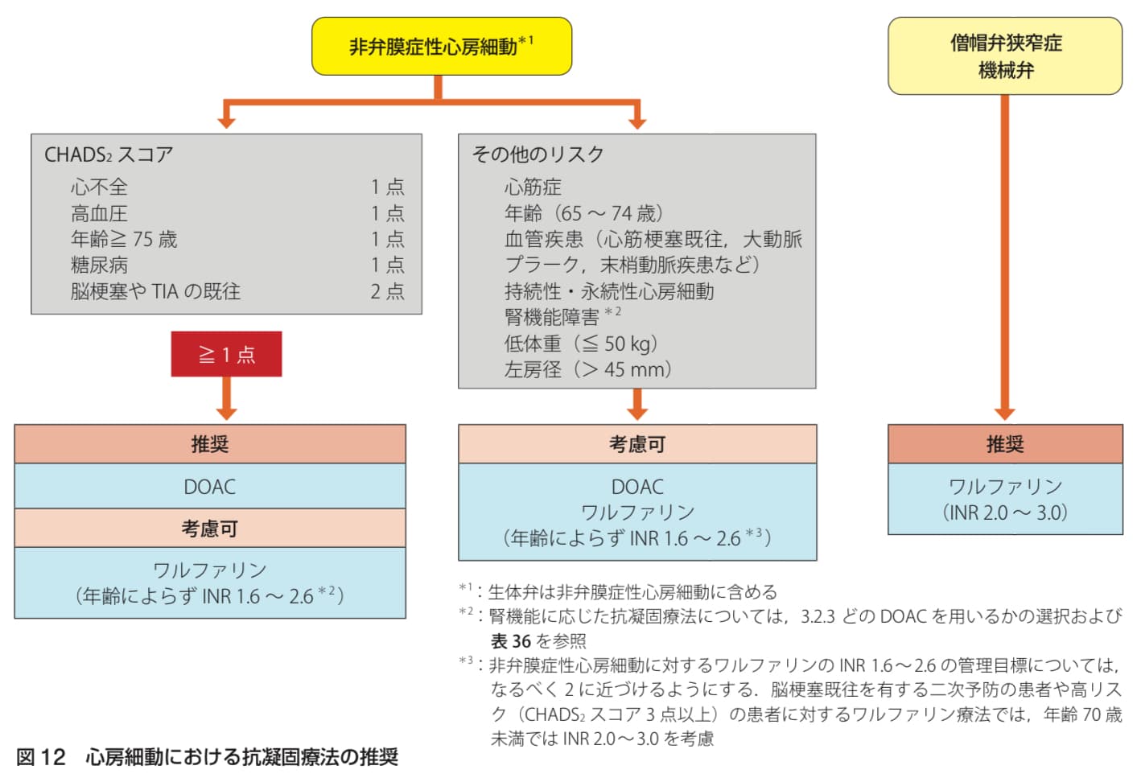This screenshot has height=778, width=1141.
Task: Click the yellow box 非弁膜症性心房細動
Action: [x=441, y=47]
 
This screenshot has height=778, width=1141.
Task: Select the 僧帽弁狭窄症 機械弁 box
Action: [x=1004, y=56]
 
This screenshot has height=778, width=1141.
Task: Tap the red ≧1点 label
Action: [x=226, y=354]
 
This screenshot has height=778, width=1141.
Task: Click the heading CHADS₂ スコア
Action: [x=109, y=154]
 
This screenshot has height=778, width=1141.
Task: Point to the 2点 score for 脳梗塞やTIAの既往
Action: [x=387, y=291]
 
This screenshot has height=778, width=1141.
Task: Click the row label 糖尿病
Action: [x=99, y=265]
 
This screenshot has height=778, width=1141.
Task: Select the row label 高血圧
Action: [x=99, y=213]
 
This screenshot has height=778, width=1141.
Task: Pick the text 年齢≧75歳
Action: [x=124, y=239]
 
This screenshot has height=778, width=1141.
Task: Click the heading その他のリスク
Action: [x=538, y=154]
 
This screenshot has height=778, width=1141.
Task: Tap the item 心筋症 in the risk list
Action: [x=533, y=187]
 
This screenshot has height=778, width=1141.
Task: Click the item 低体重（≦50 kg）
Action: [x=581, y=344]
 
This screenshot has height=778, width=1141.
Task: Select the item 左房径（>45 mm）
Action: [x=587, y=369]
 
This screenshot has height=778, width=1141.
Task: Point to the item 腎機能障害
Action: [x=552, y=317]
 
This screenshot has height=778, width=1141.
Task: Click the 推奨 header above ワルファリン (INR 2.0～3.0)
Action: [x=1005, y=444]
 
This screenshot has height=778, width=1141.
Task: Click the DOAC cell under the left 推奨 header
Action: [x=210, y=487]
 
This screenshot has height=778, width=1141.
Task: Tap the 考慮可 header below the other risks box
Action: [x=637, y=444]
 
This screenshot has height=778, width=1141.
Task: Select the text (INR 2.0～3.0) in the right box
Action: [x=1005, y=512]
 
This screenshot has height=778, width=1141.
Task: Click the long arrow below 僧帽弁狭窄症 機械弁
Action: [x=1004, y=257]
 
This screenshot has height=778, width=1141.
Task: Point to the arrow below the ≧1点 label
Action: [x=226, y=399]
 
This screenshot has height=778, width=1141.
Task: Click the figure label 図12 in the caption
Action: [x=40, y=756]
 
